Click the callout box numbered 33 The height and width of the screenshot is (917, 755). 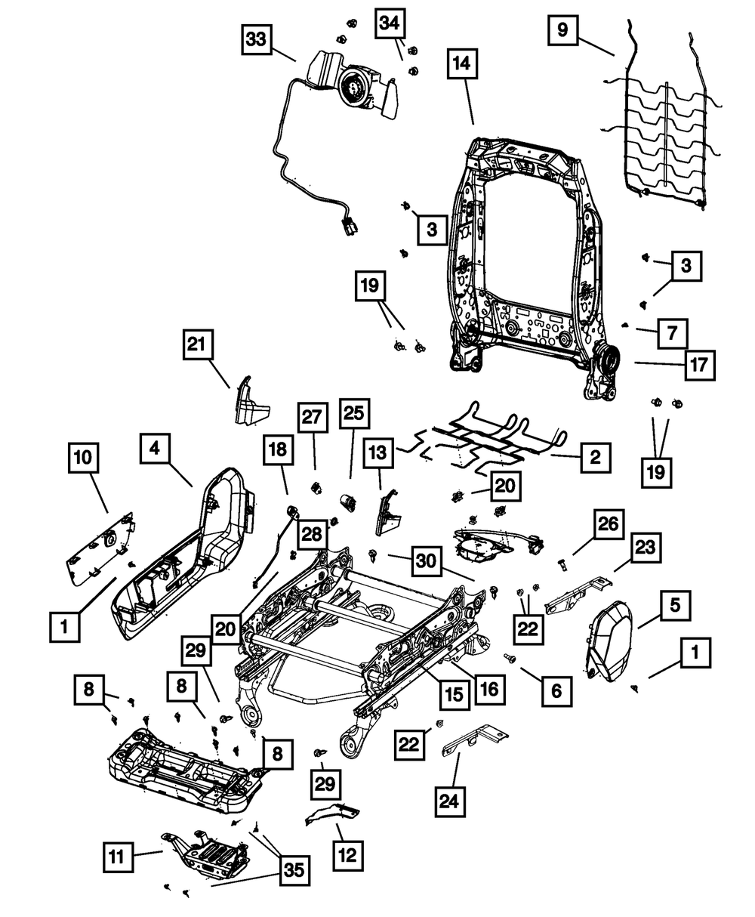pyautogui.click(x=257, y=39)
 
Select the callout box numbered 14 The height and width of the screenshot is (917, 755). pyautogui.click(x=461, y=65)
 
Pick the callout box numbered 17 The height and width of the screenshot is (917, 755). pyautogui.click(x=699, y=366)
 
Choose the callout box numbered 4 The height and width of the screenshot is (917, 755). pyautogui.click(x=154, y=448)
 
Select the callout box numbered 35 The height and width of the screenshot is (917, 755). pyautogui.click(x=294, y=871)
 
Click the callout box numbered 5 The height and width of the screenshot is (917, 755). pyautogui.click(x=674, y=604)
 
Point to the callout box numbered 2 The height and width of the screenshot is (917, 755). pyautogui.click(x=595, y=457)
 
